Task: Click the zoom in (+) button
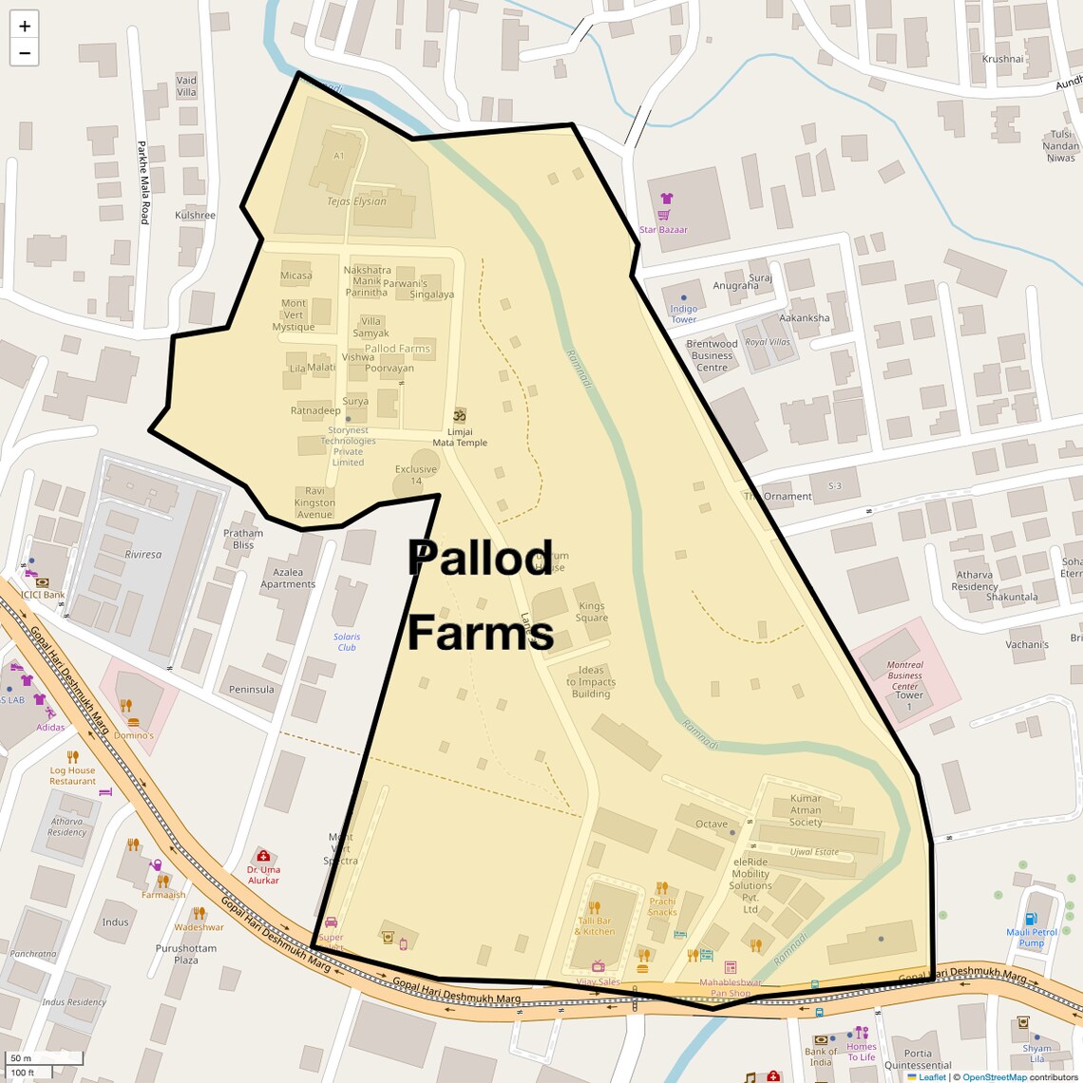point(25,27)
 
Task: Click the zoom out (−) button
point(25,53)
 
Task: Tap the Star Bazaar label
point(663,230)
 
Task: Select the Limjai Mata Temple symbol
point(460,416)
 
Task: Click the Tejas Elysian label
point(356,201)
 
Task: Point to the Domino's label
point(134,735)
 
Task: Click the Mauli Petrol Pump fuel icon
point(1031,919)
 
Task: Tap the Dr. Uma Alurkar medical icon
point(263,856)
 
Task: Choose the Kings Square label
point(591,612)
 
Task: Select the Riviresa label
point(143,555)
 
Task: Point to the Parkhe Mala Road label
point(143,182)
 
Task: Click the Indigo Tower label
point(684,314)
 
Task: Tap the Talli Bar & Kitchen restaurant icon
point(595,907)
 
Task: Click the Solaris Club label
point(347,642)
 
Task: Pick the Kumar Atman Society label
point(806,810)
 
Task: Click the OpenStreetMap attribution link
point(996,1077)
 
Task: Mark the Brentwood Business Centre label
point(712,355)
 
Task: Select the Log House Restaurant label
point(73,776)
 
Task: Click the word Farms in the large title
point(481,633)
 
